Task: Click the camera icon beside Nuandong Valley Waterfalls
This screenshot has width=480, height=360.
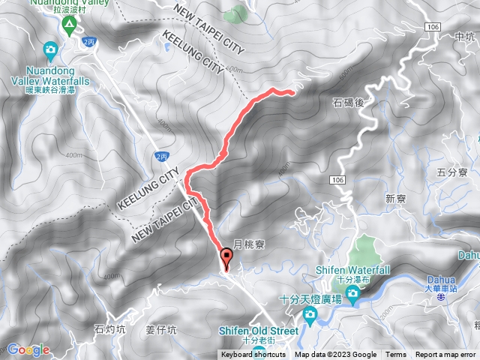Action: (x=51, y=49)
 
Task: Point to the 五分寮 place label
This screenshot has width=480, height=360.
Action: (x=451, y=172)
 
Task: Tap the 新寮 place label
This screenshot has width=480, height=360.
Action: (x=394, y=198)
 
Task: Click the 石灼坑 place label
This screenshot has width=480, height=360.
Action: (x=110, y=328)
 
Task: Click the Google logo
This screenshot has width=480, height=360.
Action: (x=28, y=349)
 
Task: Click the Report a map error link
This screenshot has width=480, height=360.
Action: (x=445, y=355)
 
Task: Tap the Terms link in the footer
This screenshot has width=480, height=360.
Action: (x=396, y=355)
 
